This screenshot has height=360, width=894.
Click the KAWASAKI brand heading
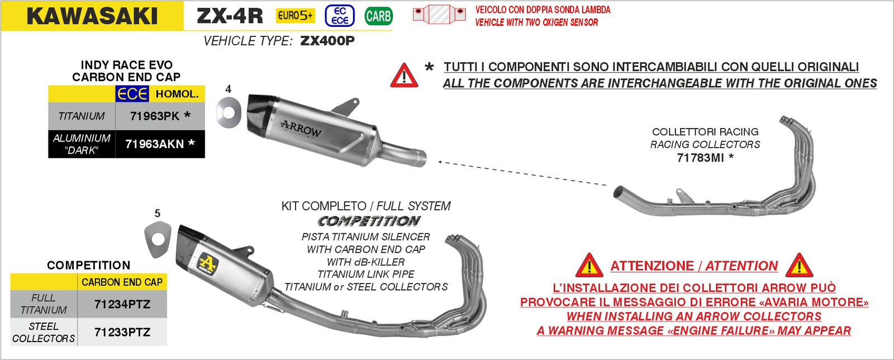click(x=92, y=16)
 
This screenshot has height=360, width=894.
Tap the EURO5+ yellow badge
click(x=295, y=16)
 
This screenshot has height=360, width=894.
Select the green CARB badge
click(x=378, y=16)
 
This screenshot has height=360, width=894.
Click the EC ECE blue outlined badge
click(x=340, y=16)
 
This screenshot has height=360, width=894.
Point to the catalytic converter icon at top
click(x=439, y=14)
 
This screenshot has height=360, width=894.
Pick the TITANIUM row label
click(x=82, y=116)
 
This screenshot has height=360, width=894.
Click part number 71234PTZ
click(x=122, y=304)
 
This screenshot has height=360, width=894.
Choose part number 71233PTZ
click(x=122, y=332)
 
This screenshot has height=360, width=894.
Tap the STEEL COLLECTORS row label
click(x=44, y=332)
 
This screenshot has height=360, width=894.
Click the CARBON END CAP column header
click(x=122, y=282)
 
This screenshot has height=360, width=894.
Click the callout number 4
click(x=228, y=89)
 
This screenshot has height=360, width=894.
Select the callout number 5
click(x=157, y=213)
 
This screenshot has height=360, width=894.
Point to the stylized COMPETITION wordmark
click(x=369, y=221)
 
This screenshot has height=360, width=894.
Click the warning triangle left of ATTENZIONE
click(x=589, y=266)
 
